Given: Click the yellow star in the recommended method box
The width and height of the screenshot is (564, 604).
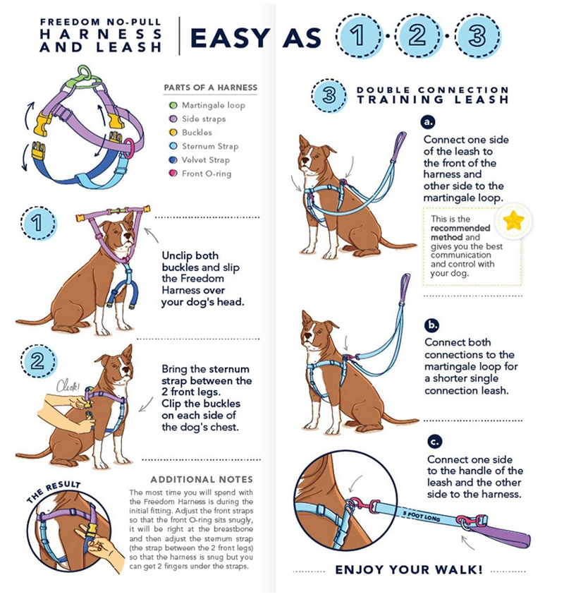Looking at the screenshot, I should (514, 221).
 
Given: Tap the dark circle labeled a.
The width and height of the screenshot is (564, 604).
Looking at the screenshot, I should (430, 121).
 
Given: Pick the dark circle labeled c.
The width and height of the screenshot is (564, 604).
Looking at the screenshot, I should (435, 442).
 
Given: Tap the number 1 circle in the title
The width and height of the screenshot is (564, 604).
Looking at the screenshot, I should (360, 36).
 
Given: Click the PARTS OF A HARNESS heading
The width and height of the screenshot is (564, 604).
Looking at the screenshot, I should (210, 87).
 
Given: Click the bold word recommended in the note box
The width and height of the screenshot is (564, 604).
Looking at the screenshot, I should (455, 229).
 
